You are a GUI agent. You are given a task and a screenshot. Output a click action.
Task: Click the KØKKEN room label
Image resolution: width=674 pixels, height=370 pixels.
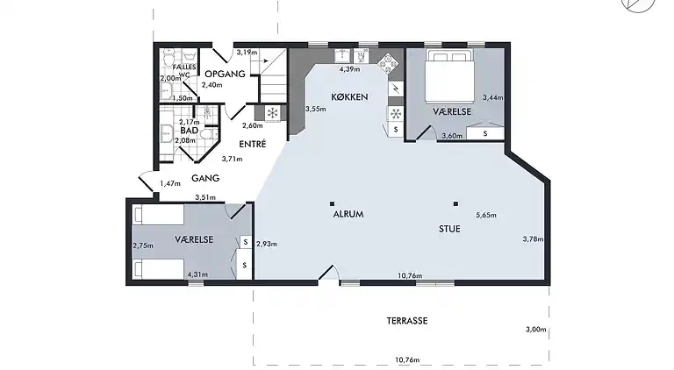pyautogui.click(x=349, y=97)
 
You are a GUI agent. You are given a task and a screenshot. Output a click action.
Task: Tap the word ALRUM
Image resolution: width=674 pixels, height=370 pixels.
pyautogui.click(x=348, y=214)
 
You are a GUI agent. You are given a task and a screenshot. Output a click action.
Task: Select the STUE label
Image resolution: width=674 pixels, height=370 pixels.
pyautogui.click(x=449, y=229)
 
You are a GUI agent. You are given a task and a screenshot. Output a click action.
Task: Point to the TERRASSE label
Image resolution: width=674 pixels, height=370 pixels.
pyautogui.click(x=407, y=321)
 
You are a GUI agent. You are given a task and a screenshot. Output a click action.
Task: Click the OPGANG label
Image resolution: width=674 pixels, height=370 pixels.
pyautogui.click(x=225, y=74)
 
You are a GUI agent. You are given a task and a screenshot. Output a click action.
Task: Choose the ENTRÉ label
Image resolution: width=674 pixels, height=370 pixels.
pyautogui.click(x=253, y=144)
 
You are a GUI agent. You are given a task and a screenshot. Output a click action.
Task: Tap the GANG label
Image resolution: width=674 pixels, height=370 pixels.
pyautogui.click(x=205, y=178)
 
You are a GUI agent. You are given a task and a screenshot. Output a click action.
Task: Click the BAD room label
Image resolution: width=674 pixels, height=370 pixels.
pyautogui.click(x=190, y=131)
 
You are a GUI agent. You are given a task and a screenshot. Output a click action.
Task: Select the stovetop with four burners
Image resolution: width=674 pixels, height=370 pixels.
pyautogui.click(x=388, y=64)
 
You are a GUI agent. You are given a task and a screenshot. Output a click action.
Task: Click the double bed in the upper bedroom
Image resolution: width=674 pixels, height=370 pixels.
pyautogui.click(x=449, y=76)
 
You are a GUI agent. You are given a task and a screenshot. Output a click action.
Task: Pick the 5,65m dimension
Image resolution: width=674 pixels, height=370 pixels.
pyautogui.click(x=486, y=215)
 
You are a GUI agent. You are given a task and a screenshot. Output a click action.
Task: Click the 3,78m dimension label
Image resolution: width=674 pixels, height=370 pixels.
pyautogui.click(x=533, y=239)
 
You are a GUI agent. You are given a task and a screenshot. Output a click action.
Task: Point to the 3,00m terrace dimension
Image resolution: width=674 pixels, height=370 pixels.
pyautogui.click(x=536, y=330)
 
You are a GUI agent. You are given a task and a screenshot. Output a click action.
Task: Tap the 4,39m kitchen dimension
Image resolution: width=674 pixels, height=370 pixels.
pyautogui.click(x=350, y=69)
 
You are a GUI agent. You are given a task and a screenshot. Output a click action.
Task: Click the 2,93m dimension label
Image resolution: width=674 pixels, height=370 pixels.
pyautogui.click(x=267, y=244)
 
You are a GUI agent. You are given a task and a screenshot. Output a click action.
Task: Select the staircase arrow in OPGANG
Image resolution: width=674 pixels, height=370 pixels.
pyautogui.click(x=264, y=61)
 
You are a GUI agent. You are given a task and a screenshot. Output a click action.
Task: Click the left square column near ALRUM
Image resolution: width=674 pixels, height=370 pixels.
pyautogui.click(x=332, y=204)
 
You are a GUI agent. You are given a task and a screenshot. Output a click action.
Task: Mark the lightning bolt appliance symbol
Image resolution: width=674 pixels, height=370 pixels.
pyautogui.click(x=396, y=89)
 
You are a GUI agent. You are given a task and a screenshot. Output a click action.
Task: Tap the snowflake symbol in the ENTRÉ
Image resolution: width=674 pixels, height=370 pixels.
pyautogui.click(x=272, y=113)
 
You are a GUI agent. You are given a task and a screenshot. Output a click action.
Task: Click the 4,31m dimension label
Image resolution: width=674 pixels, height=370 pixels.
pyautogui.click(x=197, y=274)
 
